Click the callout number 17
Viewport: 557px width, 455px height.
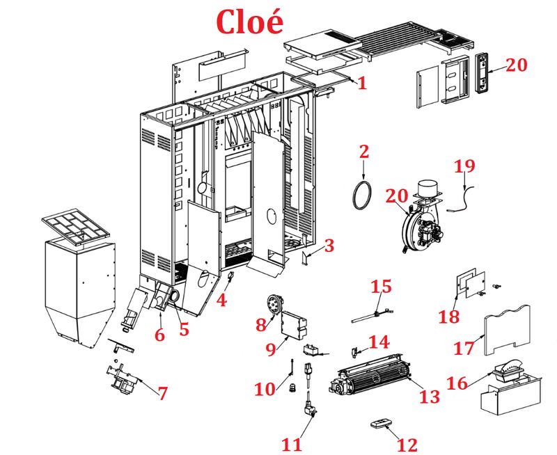[x=469, y=346]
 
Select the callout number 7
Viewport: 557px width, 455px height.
[x=162, y=393]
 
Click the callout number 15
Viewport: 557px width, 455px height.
[x=381, y=287]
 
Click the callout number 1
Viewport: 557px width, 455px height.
[x=361, y=83]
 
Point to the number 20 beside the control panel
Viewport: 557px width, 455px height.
[x=517, y=65]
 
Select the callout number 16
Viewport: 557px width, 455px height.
[x=457, y=384]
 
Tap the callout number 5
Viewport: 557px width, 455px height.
[x=183, y=330]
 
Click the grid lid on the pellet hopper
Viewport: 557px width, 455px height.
[x=73, y=226]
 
